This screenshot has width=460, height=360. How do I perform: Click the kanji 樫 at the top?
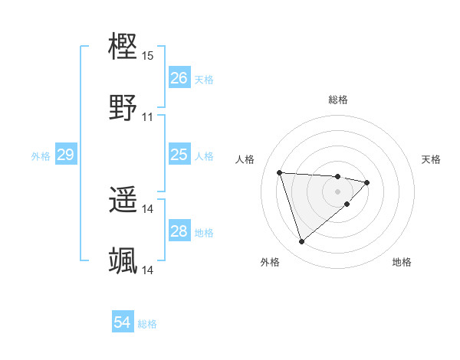tap(123, 47)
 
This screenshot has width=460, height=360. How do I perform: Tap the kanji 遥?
tap(123, 200)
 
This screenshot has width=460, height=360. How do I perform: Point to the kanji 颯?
tap(123, 260)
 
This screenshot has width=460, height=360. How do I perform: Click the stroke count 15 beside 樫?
tap(148, 56)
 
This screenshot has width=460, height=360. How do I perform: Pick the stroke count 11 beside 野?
tap(148, 117)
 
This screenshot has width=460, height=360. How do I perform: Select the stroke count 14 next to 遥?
tap(148, 209)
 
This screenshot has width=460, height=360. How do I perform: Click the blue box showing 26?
tap(179, 78)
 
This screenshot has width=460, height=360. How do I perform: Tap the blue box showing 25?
tap(179, 155)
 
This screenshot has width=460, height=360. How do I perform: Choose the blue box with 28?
tap(179, 231)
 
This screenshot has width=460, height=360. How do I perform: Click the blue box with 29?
tap(65, 155)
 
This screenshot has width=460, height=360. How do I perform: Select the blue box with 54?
tap(123, 322)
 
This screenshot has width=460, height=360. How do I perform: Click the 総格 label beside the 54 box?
tap(148, 324)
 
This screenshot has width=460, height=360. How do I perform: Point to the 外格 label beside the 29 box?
tap(41, 156)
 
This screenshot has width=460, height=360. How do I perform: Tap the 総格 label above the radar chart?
tap(338, 100)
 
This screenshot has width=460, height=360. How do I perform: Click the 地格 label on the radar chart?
tap(402, 262)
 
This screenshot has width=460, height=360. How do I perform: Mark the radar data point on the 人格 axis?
tap(280, 172)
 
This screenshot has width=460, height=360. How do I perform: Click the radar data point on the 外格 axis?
tap(302, 242)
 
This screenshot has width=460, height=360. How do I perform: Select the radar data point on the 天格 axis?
tap(367, 182)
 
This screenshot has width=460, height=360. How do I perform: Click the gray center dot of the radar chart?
tap(337, 191)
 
